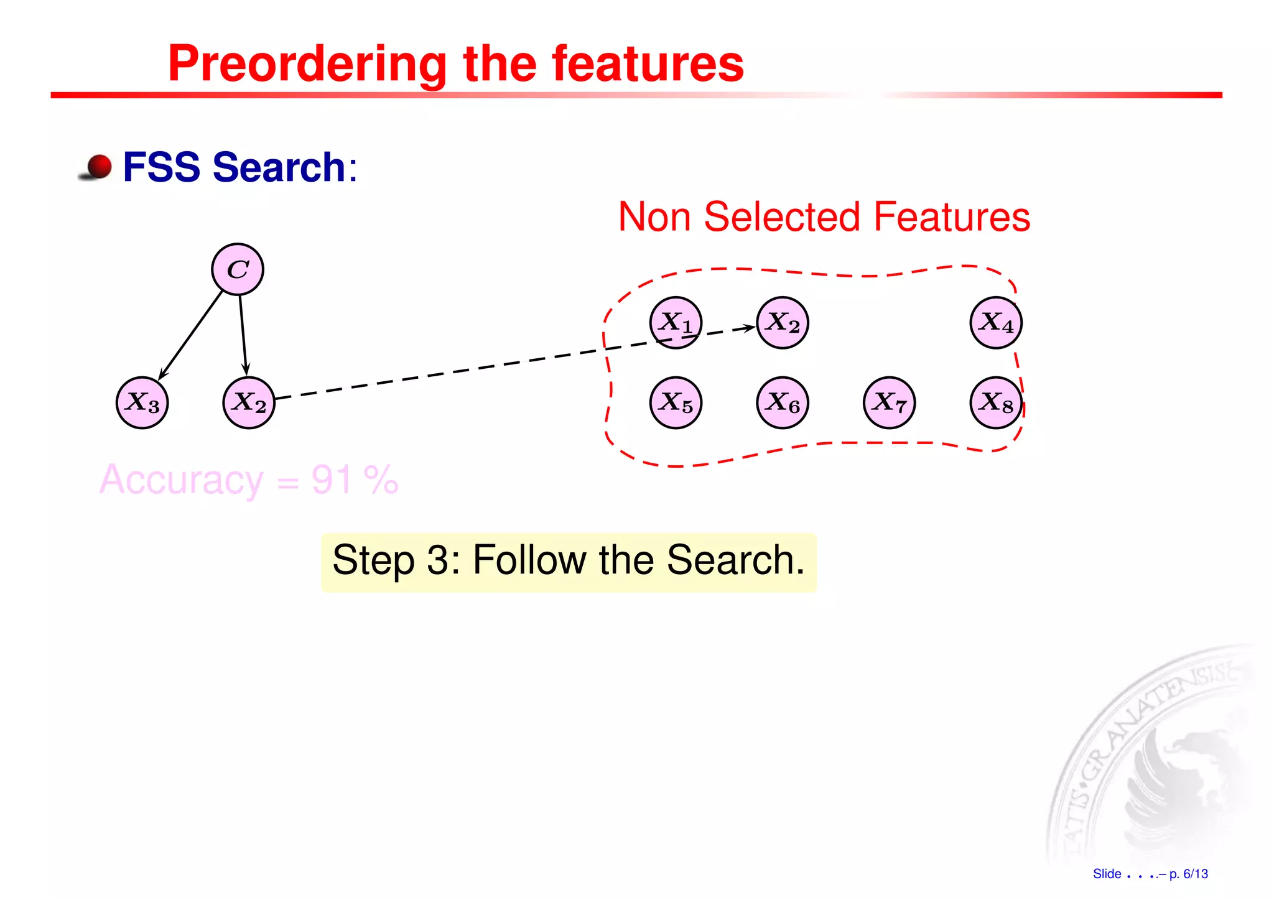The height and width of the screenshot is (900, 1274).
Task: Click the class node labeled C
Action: pyautogui.click(x=238, y=269)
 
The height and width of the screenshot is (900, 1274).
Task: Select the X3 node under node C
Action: pyautogui.click(x=142, y=403)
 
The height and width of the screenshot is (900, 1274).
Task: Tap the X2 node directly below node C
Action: pyautogui.click(x=249, y=403)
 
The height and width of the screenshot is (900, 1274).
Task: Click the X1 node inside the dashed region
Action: pyautogui.click(x=676, y=323)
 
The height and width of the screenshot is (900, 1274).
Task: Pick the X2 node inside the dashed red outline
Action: pyautogui.click(x=783, y=323)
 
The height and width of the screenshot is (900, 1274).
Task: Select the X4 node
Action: pyautogui.click(x=996, y=323)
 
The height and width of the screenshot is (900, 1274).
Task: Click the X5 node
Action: pyautogui.click(x=676, y=403)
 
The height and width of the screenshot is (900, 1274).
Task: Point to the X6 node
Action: pyautogui.click(x=783, y=403)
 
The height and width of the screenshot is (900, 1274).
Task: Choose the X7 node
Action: pyautogui.click(x=890, y=403)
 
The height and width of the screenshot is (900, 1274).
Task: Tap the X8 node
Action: pyautogui.click(x=996, y=403)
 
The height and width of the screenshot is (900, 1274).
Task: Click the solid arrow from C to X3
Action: pyautogui.click(x=191, y=335)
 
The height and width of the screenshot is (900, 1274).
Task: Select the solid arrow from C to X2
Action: pyautogui.click(x=243, y=336)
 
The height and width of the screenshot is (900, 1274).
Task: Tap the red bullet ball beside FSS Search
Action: pyautogui.click(x=98, y=167)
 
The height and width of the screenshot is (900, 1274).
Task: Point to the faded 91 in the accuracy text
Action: pyautogui.click(x=332, y=480)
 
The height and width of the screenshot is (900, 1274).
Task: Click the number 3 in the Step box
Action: pyautogui.click(x=439, y=560)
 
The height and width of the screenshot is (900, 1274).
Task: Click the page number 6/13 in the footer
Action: pyautogui.click(x=1195, y=874)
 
